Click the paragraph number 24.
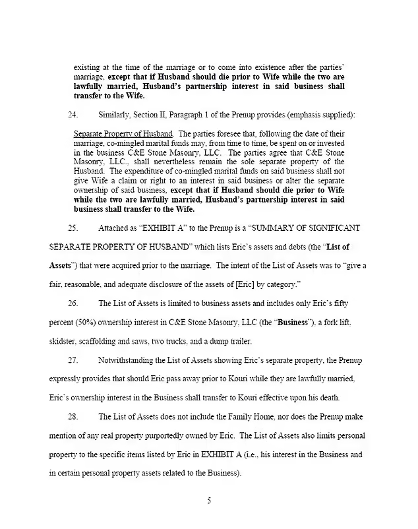coord(73,115)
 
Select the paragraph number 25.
coord(73,228)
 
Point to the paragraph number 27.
coord(73,360)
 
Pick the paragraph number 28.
coord(73,417)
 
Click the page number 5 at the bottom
coord(209,500)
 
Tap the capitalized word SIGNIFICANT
coord(330,228)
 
